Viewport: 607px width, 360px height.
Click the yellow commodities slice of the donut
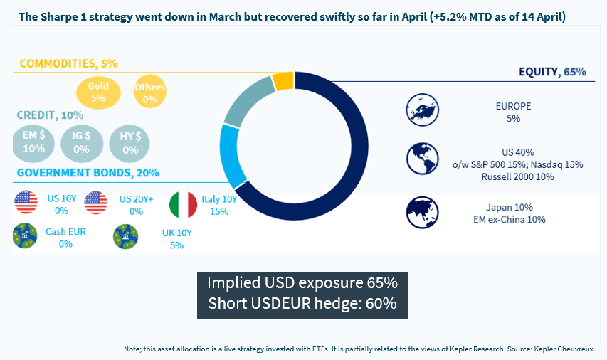pos(283,80)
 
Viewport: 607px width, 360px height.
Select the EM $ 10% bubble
pos(33,142)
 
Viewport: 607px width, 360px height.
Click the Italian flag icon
pos(183,205)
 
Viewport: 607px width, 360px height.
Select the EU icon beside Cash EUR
pos(25,236)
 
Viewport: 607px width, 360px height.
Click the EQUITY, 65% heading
pos(551,72)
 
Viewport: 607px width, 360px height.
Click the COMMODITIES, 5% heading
pos(68,64)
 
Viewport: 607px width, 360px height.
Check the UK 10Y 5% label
pos(176,239)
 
